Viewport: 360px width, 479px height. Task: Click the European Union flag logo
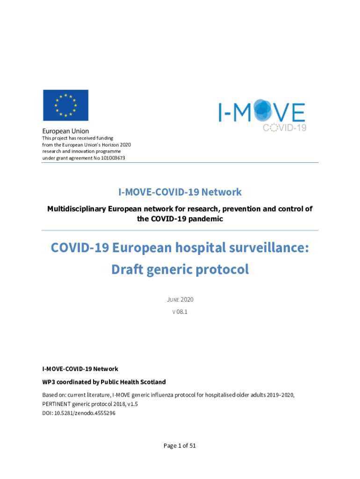coord(65,105)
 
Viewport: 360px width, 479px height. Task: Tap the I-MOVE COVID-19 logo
coord(262,114)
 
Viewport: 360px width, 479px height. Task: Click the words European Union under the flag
coord(66,131)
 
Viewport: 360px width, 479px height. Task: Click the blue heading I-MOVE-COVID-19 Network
coord(180,192)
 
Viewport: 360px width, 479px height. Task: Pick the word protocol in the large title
coord(225,269)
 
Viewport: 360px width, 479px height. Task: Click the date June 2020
coord(180,299)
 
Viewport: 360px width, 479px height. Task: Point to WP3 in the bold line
coord(50,382)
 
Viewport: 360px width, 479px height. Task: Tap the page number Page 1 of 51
coord(180,446)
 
